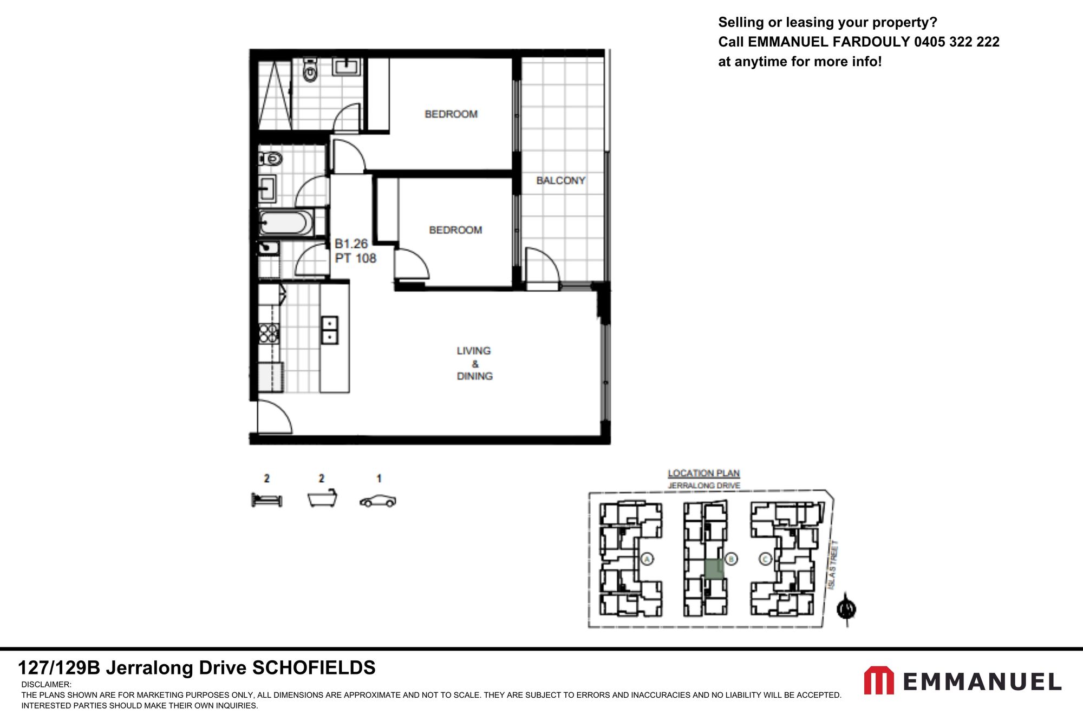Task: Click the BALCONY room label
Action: pos(560,180)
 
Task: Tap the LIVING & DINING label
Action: pos(474,363)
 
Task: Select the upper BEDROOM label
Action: pos(451,114)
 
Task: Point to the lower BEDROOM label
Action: pos(455,230)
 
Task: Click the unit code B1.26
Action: pos(351,244)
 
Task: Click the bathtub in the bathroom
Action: pos(286,223)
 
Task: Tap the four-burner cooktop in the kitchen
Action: pos(269,333)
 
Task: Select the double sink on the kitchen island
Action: pos(329,330)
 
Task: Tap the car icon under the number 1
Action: pos(378,501)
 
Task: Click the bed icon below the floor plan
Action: pos(266,500)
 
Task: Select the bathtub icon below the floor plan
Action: pos(322,498)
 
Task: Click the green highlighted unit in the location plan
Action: pos(714,569)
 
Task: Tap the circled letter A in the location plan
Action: pos(647,559)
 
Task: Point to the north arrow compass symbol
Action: pos(846,609)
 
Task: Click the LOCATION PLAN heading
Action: pos(703,473)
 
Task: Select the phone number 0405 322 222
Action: pos(956,42)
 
